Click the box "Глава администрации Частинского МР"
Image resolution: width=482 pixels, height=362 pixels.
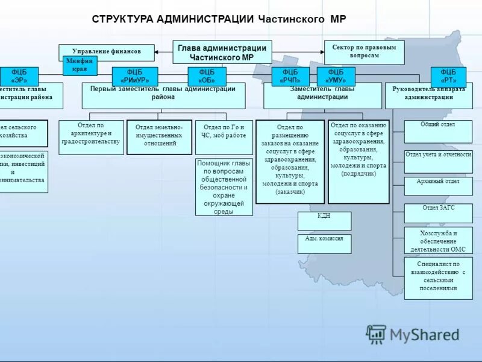(x=222, y=52)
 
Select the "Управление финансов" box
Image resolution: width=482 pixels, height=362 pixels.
(x=107, y=52)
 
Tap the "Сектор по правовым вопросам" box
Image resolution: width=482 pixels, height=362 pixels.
(x=364, y=51)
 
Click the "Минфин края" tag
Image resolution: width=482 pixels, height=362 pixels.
(x=80, y=65)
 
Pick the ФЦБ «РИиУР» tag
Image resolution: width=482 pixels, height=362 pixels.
(x=135, y=76)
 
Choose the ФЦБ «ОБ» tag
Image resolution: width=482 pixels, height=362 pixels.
(x=207, y=76)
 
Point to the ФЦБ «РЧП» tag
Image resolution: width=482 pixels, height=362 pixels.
(x=290, y=76)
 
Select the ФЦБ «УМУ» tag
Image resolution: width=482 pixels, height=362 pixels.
(x=336, y=76)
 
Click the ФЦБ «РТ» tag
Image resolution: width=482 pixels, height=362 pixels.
(x=448, y=76)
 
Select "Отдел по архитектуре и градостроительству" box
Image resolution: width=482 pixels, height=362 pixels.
(x=91, y=136)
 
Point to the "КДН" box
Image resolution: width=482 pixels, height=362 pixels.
(x=324, y=221)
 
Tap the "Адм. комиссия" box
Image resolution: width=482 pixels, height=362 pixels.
(x=324, y=243)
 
